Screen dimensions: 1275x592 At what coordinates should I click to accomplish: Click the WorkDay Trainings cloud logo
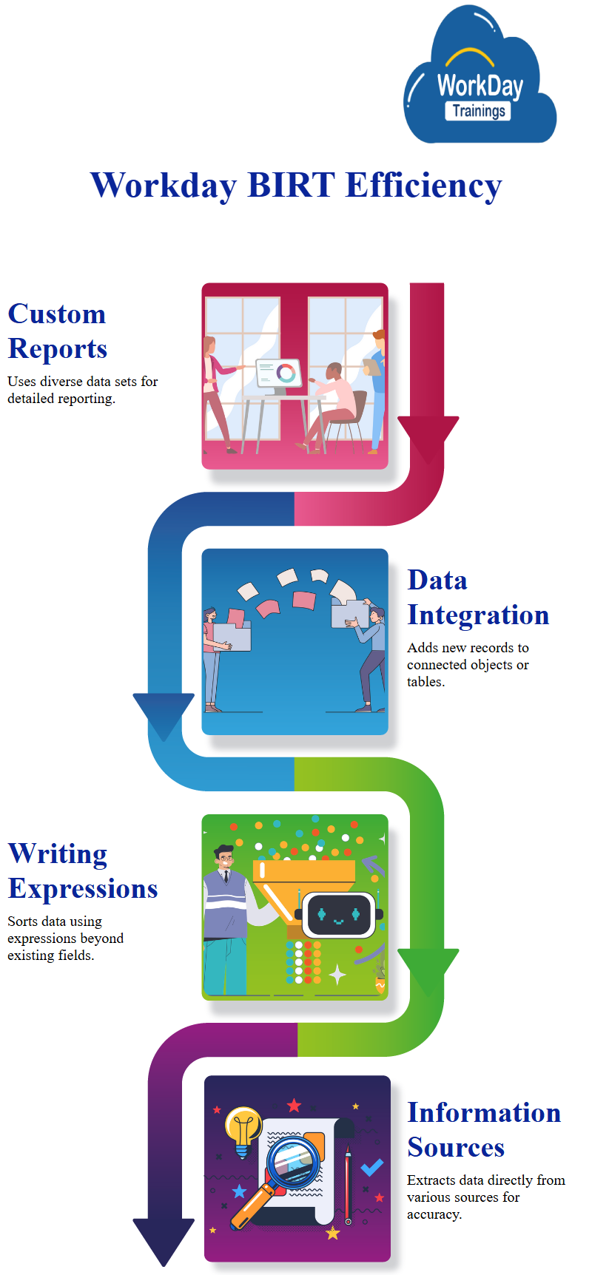point(480,81)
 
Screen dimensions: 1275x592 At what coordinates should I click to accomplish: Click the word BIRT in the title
point(291,185)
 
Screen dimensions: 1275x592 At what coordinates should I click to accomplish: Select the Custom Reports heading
point(58,331)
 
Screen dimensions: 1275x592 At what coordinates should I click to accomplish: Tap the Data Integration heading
point(478,598)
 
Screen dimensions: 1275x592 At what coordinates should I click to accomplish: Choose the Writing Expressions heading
point(83,870)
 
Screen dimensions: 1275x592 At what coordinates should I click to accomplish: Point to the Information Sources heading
point(484,1129)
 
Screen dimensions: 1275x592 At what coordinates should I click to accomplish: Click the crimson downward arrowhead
point(428,437)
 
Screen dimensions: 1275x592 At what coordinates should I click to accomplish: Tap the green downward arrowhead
point(428,969)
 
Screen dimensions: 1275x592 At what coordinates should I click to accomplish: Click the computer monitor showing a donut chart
point(278,373)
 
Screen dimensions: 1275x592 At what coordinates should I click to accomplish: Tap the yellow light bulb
point(243,1129)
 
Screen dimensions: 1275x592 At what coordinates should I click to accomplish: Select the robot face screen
point(338,916)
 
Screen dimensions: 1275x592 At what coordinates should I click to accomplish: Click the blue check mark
point(371,1167)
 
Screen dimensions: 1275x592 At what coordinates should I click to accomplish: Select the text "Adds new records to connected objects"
point(468,656)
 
